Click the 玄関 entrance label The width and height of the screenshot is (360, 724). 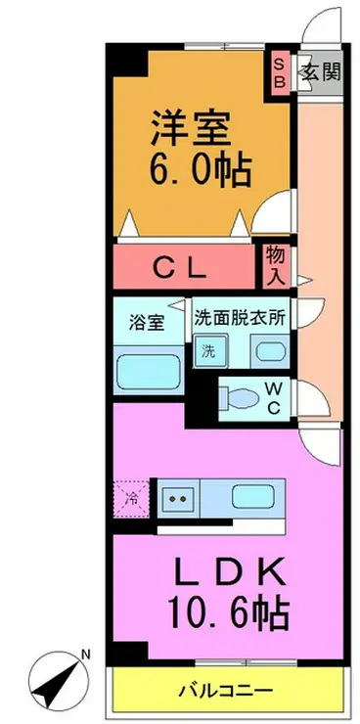point(322,72)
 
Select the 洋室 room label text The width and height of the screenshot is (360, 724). point(190,126)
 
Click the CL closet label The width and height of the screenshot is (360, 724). point(180,269)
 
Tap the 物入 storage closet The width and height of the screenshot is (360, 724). point(277,266)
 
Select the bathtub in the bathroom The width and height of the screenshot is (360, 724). point(148,372)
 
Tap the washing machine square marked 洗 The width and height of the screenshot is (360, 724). point(210,352)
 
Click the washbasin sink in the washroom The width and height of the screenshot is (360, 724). point(269,353)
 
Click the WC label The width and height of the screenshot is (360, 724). point(273,398)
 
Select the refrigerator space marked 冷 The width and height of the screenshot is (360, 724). point(131,499)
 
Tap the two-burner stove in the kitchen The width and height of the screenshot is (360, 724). point(178,499)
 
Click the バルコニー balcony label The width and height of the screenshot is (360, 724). point(226,691)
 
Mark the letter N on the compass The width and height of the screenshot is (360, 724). point(85,655)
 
